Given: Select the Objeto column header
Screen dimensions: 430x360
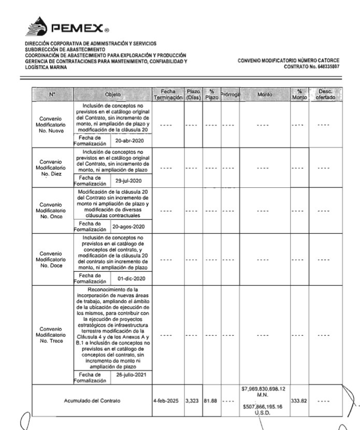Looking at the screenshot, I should pos(112,95).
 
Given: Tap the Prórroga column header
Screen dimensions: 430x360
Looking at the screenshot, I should pos(229,95).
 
